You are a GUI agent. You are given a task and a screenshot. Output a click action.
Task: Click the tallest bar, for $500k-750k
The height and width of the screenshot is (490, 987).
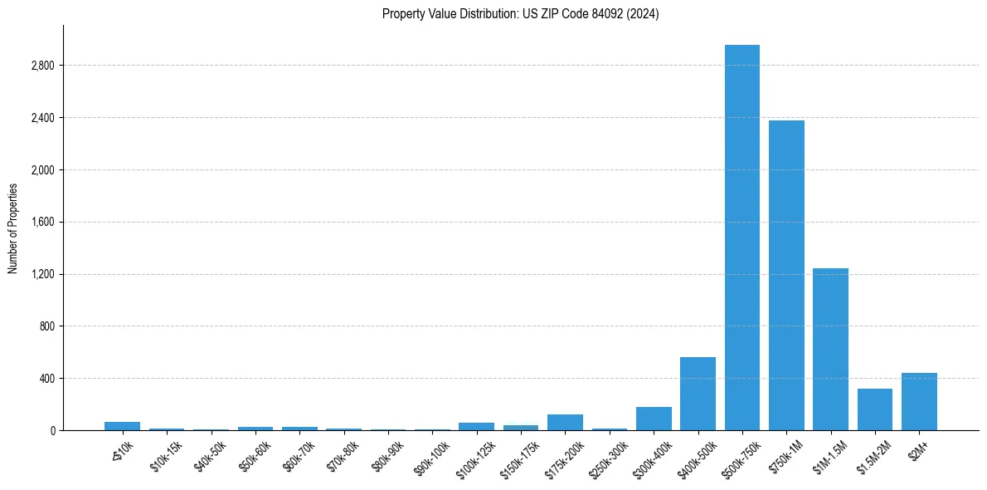pos(741,238)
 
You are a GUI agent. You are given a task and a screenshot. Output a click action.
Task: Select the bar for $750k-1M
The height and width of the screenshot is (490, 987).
pos(786,275)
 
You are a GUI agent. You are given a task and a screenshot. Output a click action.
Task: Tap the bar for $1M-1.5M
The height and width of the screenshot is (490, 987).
pos(830,349)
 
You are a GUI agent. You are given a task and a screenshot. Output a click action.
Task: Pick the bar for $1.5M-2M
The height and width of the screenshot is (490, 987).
pos(875,409)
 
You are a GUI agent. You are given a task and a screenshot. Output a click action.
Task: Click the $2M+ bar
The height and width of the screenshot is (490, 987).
pos(919,402)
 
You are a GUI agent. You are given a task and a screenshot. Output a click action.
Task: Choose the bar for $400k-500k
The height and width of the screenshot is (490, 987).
pos(698,394)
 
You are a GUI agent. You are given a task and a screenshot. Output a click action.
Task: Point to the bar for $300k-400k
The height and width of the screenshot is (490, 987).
pos(654,419)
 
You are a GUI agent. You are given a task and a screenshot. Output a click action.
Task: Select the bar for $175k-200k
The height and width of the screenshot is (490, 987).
pos(565,422)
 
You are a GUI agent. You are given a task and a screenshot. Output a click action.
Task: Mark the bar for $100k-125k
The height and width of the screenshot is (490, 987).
pos(476,426)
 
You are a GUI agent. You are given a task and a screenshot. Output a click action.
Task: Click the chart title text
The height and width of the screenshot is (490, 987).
pos(521,13)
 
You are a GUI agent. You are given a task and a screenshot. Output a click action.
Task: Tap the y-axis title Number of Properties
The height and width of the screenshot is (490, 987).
pos(13,228)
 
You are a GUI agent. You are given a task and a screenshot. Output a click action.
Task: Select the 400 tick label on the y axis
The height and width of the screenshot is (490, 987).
pos(46,379)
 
